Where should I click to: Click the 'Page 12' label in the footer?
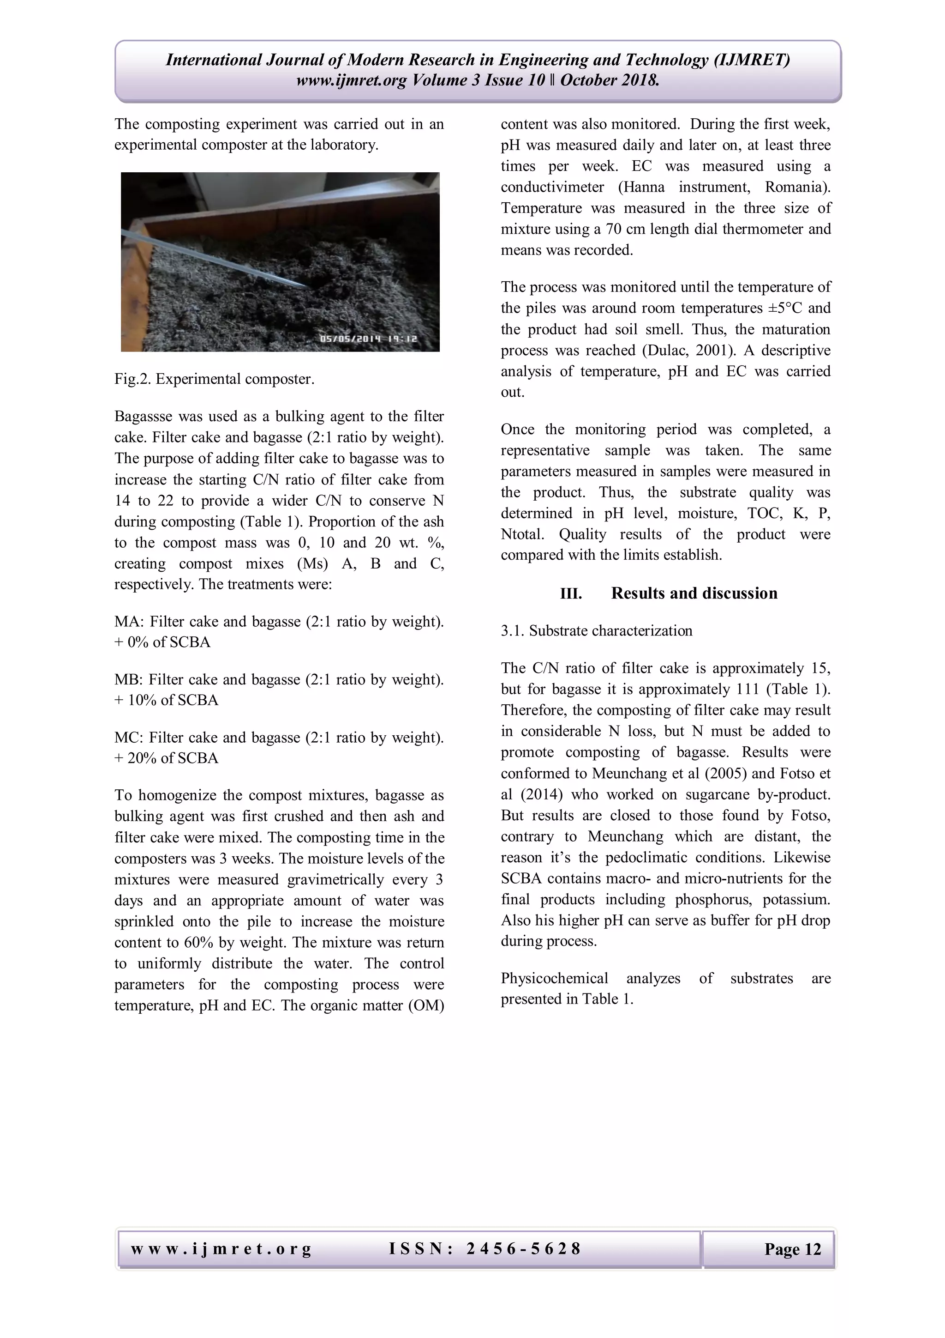[792, 1249]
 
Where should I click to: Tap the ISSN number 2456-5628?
[484, 1249]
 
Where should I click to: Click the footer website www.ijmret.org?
[221, 1249]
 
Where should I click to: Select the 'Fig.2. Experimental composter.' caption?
[214, 379]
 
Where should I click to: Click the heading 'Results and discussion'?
[694, 593]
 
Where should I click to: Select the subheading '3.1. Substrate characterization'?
[596, 631]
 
